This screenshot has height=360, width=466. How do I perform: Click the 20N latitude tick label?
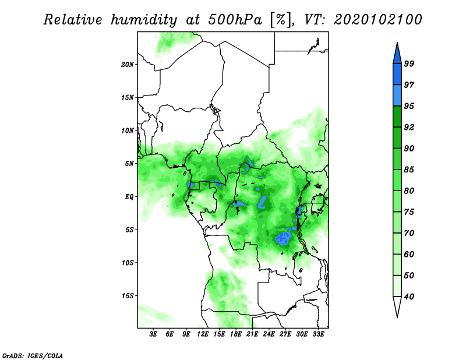[127, 65]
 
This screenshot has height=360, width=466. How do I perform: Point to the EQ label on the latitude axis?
[129, 197]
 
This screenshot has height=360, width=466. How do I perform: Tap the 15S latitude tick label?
[127, 296]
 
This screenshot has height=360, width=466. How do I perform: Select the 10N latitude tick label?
[127, 130]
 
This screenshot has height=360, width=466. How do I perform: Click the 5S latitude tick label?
[129, 230]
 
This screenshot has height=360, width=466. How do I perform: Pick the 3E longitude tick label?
[153, 334]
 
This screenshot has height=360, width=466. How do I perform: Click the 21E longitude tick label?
[252, 334]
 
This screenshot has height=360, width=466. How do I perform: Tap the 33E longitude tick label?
[318, 334]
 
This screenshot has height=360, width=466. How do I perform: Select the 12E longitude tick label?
[203, 334]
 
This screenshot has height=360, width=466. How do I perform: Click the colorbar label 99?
[409, 63]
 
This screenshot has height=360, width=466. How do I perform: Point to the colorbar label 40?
[409, 297]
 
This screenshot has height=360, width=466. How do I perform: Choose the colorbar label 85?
[409, 170]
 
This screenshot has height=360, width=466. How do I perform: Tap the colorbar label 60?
[409, 254]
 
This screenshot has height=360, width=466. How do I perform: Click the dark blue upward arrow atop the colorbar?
[397, 55]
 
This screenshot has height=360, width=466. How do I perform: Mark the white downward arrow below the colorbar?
[397, 306]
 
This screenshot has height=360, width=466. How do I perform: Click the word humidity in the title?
[144, 20]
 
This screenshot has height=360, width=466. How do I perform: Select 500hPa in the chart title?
[235, 20]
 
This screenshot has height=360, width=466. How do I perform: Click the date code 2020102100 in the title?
[377, 20]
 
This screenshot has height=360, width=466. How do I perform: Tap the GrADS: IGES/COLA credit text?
[33, 355]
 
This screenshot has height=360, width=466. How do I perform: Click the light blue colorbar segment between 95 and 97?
[397, 96]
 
